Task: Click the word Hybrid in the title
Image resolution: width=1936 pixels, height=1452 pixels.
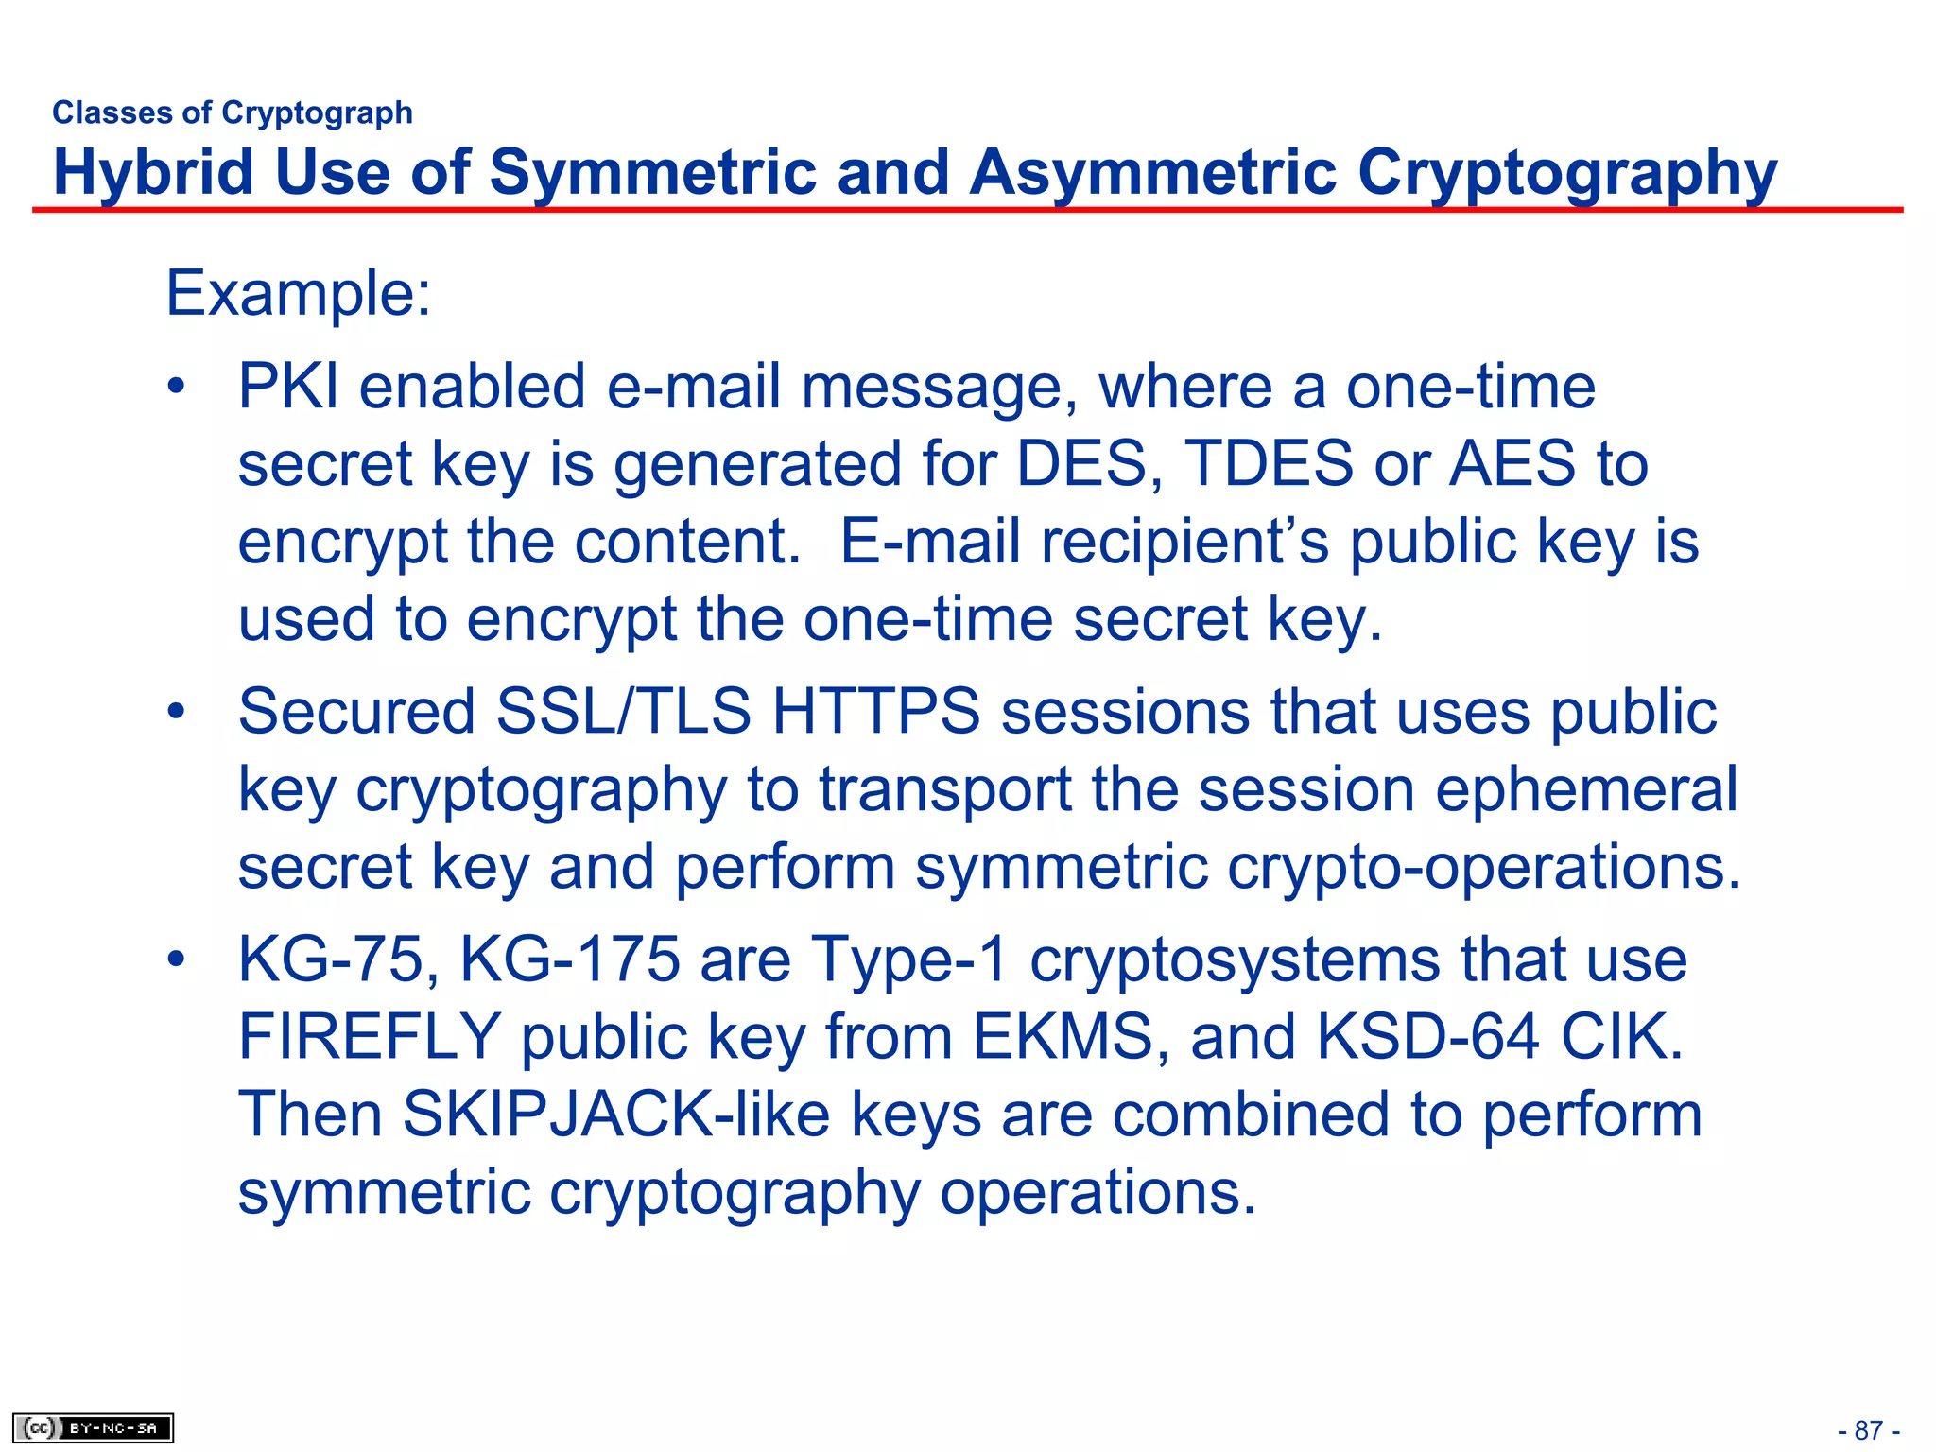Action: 153,173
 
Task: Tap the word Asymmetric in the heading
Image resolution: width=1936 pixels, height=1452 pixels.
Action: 1153,173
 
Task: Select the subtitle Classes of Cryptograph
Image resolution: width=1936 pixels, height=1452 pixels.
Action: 233,112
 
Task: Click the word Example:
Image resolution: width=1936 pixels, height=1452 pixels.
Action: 299,293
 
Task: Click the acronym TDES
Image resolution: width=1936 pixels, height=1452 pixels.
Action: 1269,464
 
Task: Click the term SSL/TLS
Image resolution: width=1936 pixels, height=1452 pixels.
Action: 624,711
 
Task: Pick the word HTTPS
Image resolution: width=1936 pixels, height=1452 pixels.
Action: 876,711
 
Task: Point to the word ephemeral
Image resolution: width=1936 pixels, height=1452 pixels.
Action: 1586,789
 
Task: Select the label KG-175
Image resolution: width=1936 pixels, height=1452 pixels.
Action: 569,959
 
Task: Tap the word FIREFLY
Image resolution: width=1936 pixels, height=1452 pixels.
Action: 370,1037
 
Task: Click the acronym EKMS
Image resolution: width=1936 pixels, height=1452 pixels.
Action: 1063,1037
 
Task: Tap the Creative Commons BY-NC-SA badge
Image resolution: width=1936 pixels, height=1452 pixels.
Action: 93,1427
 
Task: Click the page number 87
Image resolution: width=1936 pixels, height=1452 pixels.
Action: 1868,1430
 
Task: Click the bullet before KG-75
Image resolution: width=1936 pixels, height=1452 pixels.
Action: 176,959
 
